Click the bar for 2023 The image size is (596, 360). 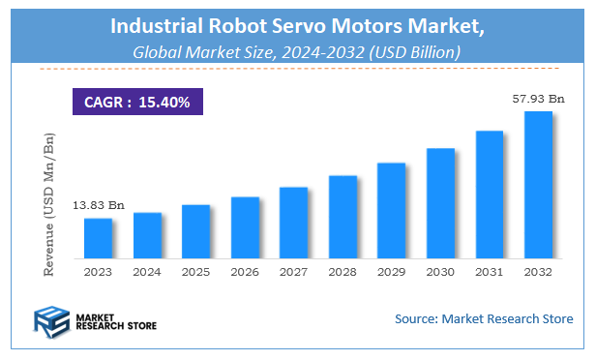98,240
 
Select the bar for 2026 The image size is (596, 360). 245,229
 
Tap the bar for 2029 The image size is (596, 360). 391,212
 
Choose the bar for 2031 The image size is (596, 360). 489,196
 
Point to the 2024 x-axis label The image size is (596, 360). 147,274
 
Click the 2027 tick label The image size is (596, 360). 293,274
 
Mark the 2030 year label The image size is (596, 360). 440,274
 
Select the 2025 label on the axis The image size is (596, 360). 195,274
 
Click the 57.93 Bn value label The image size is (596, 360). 539,99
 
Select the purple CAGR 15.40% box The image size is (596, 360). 135,101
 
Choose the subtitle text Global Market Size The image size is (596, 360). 200,53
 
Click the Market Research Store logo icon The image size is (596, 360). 53,320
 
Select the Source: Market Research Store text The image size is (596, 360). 484,318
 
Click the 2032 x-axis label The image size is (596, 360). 538,274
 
